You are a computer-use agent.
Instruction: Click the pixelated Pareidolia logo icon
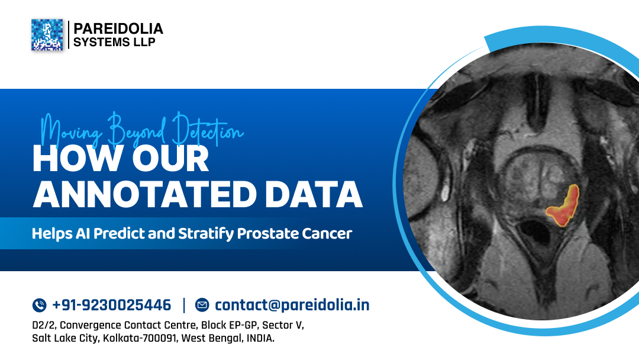click(47, 35)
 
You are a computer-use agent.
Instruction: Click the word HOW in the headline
click(70, 159)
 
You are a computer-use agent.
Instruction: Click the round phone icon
click(39, 306)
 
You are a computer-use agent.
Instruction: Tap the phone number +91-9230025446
click(111, 306)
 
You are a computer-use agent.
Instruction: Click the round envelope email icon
click(202, 306)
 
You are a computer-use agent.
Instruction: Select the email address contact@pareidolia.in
click(292, 306)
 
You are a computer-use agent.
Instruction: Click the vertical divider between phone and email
click(184, 306)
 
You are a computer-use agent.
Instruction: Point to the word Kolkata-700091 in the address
click(140, 339)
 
